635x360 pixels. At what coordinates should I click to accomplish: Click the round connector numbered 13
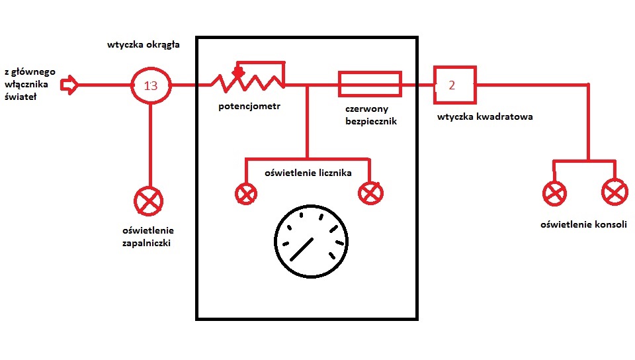tap(151, 69)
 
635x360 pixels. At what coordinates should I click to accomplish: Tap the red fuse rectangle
tap(370, 73)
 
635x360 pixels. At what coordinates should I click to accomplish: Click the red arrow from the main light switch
tap(69, 85)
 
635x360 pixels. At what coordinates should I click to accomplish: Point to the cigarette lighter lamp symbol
tap(148, 201)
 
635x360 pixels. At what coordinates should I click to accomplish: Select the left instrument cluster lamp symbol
tap(246, 193)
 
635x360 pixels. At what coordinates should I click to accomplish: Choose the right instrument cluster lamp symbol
tap(370, 193)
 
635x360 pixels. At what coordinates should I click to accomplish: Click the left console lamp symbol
tap(554, 193)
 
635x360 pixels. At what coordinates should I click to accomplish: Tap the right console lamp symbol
tap(614, 192)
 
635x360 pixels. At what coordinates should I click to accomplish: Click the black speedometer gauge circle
tap(311, 206)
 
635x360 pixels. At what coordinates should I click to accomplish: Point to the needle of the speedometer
tap(302, 249)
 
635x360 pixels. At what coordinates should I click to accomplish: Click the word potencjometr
tap(249, 107)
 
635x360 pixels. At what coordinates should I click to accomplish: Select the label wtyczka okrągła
tap(144, 45)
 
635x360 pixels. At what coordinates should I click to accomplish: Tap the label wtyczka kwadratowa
tap(485, 116)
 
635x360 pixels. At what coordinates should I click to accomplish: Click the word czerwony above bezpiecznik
tap(367, 109)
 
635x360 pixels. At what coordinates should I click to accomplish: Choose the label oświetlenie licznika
tap(308, 173)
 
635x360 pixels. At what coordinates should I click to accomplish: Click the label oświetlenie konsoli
tap(583, 224)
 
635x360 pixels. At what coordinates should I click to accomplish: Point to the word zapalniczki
tap(146, 244)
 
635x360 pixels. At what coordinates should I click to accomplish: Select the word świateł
tap(21, 97)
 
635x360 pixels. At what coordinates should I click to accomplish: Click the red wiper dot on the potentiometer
tap(238, 72)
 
